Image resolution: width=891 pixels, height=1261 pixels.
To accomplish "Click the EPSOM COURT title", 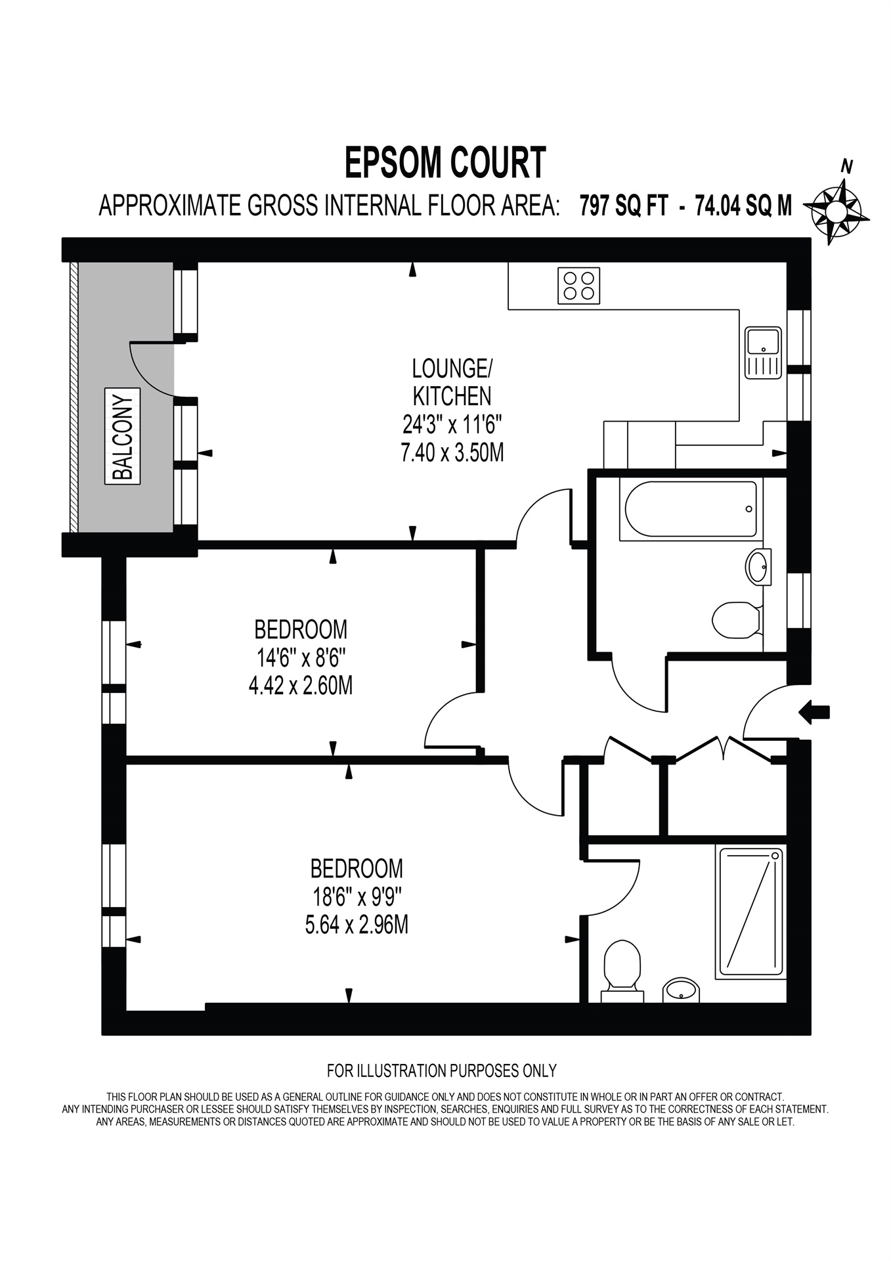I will [x=445, y=163].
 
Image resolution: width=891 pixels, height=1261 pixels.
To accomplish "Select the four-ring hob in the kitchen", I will [x=578, y=286].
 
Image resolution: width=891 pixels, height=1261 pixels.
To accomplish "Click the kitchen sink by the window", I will [x=762, y=353].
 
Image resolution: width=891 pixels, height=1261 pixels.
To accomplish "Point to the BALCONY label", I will [x=123, y=435].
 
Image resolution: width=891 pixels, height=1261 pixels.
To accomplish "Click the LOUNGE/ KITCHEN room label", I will [x=451, y=382].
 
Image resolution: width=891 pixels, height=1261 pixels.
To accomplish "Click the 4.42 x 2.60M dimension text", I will [x=300, y=686].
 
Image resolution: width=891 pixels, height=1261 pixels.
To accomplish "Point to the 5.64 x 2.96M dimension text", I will [x=357, y=925].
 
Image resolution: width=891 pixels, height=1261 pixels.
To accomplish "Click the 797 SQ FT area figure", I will [x=623, y=206].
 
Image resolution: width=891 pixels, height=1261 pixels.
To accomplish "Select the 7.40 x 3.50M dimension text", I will [x=452, y=453].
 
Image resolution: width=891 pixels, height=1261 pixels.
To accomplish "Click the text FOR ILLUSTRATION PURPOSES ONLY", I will [x=441, y=1071].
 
